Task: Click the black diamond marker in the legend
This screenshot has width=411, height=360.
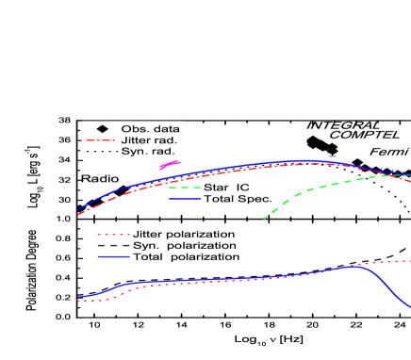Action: point(100,128)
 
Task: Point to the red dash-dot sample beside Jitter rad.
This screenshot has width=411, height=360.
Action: point(100,139)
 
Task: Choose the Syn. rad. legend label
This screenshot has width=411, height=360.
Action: point(148,151)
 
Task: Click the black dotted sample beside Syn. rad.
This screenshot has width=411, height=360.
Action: point(100,151)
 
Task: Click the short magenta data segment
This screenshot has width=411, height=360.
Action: point(170,165)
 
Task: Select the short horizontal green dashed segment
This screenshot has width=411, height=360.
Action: point(185,188)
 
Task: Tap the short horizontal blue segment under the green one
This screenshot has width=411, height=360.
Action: point(185,199)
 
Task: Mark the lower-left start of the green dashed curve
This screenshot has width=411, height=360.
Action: point(265,218)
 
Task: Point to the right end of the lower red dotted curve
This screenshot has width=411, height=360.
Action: point(408,261)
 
